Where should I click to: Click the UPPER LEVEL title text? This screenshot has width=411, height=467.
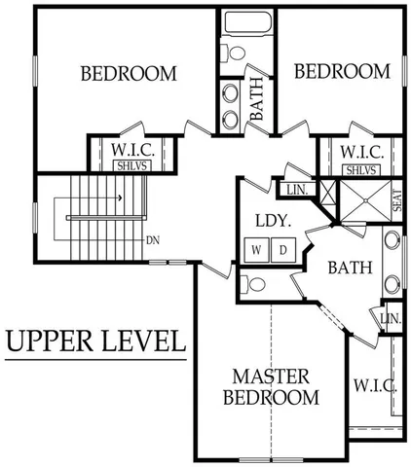pyautogui.click(x=95, y=341)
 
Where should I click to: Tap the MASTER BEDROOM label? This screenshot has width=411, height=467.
pyautogui.click(x=271, y=386)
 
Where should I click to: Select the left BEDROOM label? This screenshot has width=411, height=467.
pyautogui.click(x=128, y=73)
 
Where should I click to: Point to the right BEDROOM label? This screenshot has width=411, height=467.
pyautogui.click(x=342, y=71)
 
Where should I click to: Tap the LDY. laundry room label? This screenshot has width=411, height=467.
pyautogui.click(x=274, y=221)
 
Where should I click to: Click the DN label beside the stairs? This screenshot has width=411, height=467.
pyautogui.click(x=152, y=240)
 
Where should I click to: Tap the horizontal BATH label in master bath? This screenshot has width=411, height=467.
pyautogui.click(x=345, y=267)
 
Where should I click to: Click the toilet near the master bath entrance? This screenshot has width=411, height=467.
pyautogui.click(x=251, y=285)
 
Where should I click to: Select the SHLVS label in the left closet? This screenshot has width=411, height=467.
pyautogui.click(x=130, y=167)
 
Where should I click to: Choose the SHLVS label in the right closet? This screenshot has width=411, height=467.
pyautogui.click(x=361, y=170)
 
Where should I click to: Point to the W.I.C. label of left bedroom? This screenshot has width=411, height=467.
pyautogui.click(x=131, y=151)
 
